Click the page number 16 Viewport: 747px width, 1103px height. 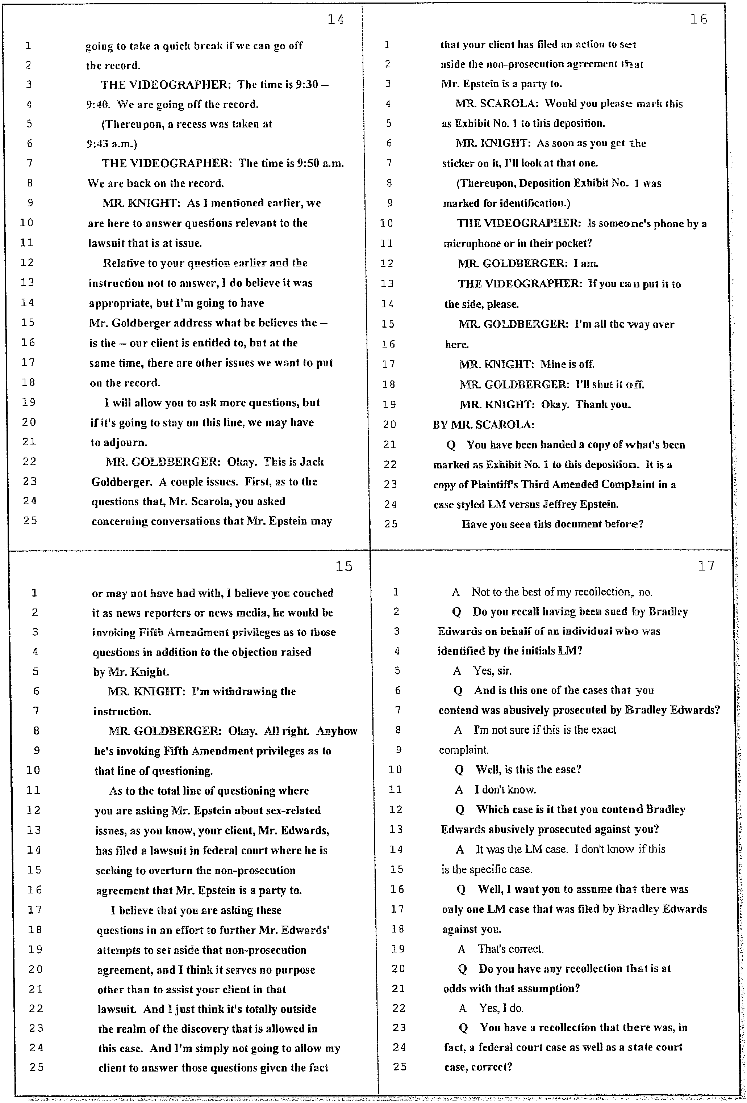point(698,20)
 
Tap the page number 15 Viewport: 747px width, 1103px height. point(344,566)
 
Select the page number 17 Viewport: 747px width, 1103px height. point(706,566)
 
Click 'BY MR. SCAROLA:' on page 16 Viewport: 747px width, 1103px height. point(483,425)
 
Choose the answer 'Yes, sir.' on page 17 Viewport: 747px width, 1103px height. point(492,671)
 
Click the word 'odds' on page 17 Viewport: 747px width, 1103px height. point(454,989)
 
